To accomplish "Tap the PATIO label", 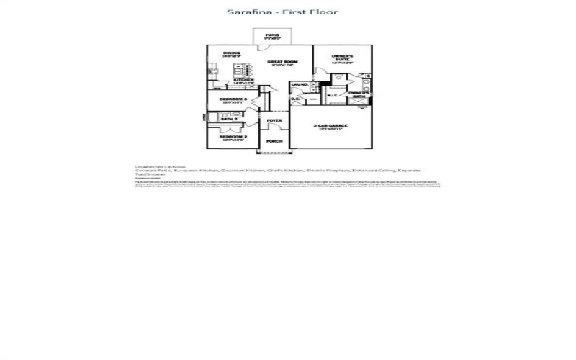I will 271,34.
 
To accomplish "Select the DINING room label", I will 230,53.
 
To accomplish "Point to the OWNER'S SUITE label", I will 342,58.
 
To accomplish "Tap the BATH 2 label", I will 229,118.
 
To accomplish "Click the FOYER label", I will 274,120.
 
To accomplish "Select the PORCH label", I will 274,141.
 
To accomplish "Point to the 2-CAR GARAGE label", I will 331,126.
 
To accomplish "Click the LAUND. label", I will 300,85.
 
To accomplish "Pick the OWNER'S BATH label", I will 359,94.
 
